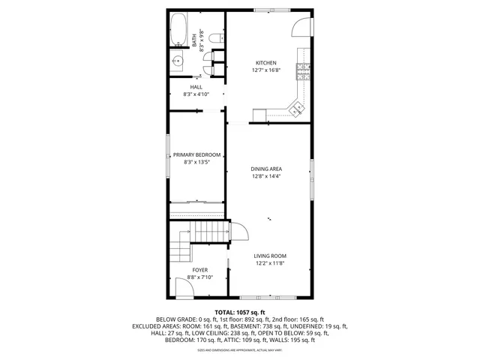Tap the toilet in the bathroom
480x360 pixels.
pos(214,37)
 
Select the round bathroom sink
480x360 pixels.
pos(179,61)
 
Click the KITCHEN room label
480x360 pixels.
pos(266,63)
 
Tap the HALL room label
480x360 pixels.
pos(196,87)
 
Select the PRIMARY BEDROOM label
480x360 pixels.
pos(196,154)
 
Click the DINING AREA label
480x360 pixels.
pos(265,169)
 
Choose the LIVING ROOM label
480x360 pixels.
pos(271,256)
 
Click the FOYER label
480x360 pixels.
pos(199,269)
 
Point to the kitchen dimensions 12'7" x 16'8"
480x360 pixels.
pos(266,70)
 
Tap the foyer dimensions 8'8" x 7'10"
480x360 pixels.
pos(199,277)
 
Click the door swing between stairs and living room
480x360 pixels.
pos(238,232)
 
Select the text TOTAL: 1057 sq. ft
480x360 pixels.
pos(240,312)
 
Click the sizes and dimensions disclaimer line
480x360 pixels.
pos(240,349)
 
